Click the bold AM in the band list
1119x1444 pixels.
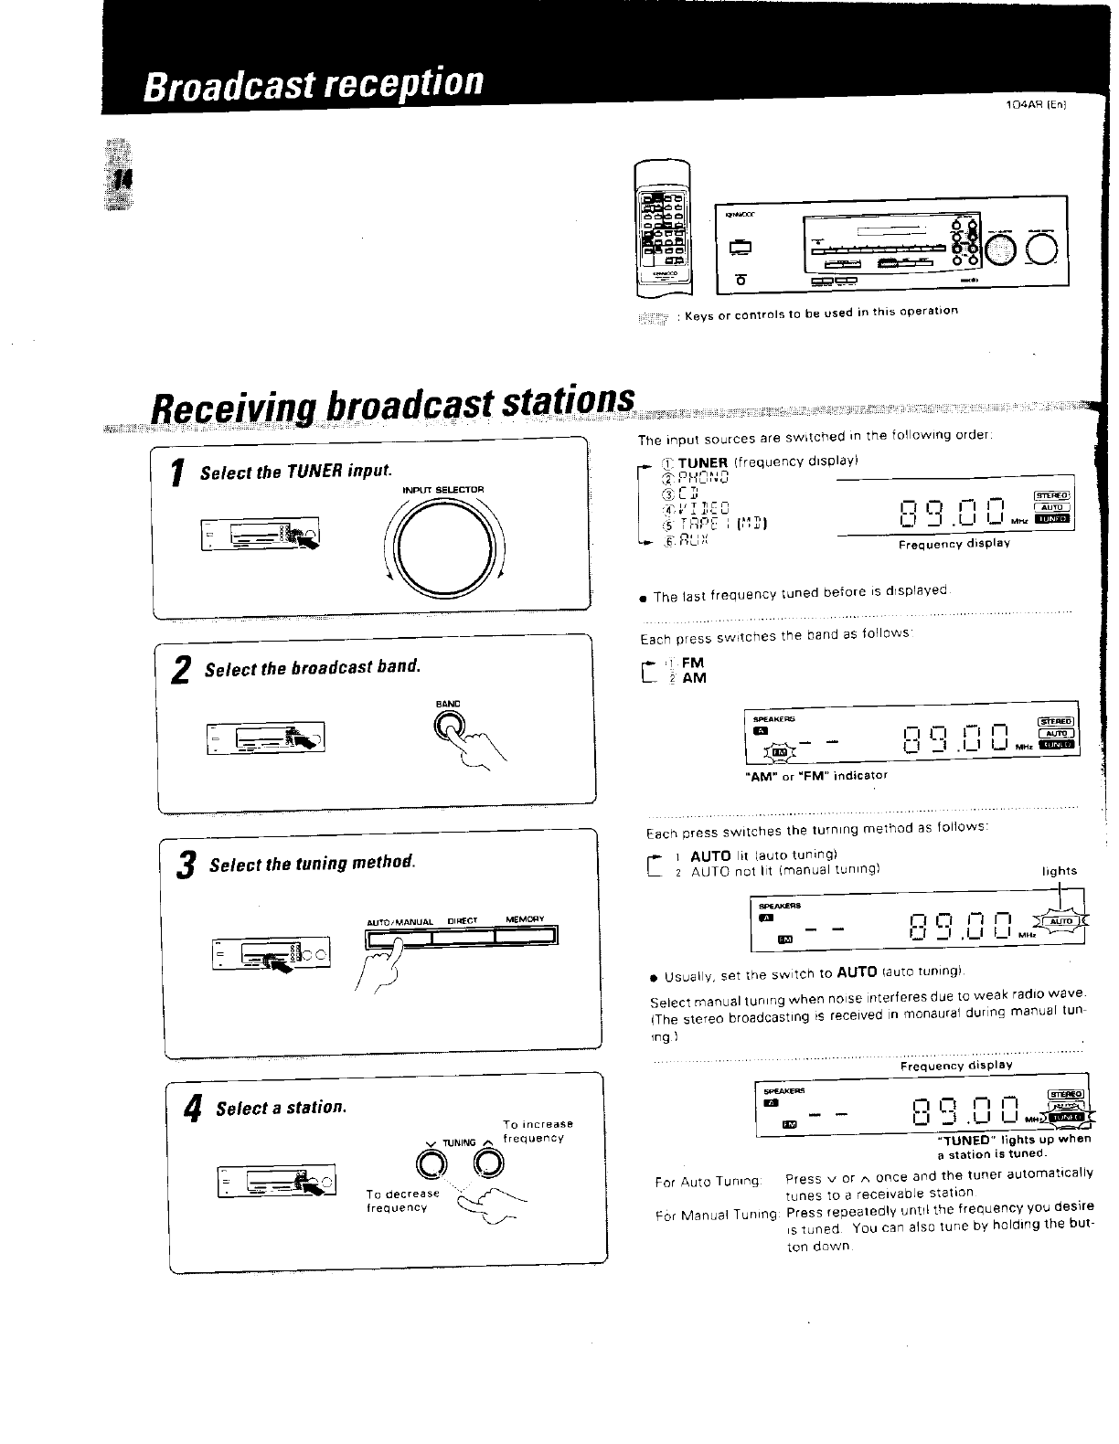[x=695, y=678]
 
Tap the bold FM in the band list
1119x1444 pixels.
[x=694, y=663]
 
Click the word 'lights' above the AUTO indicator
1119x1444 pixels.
[x=1060, y=871]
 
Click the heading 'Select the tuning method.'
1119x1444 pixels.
[x=312, y=864]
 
